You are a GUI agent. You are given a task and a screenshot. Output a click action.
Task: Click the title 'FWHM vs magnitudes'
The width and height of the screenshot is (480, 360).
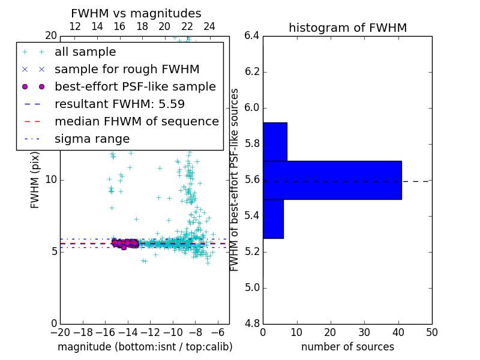click(136, 14)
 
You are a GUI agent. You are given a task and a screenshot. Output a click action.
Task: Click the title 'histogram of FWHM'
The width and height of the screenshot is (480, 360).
click(347, 28)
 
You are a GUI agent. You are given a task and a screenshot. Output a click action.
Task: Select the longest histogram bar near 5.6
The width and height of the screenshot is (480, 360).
click(332, 180)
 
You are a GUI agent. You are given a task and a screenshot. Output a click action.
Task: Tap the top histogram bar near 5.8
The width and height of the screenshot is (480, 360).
click(275, 142)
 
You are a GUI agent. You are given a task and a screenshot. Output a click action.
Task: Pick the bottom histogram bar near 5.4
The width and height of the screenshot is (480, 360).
click(273, 219)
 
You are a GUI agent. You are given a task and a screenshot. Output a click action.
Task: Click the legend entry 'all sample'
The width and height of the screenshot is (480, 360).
click(85, 52)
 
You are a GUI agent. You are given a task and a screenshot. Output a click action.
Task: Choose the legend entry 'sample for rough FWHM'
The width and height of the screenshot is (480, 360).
click(127, 70)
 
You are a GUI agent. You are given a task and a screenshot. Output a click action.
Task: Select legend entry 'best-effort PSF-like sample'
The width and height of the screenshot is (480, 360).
click(135, 87)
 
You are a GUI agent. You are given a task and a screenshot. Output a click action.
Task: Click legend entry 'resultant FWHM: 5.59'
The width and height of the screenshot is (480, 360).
click(119, 104)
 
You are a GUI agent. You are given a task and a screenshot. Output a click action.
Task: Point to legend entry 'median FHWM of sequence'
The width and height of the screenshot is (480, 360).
click(136, 122)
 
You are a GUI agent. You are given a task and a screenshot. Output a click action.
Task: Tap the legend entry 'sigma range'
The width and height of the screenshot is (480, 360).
click(92, 139)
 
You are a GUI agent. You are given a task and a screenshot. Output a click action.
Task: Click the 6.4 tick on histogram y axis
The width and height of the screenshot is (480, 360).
click(251, 36)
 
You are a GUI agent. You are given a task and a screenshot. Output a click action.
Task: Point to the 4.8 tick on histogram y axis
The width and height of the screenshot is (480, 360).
click(251, 323)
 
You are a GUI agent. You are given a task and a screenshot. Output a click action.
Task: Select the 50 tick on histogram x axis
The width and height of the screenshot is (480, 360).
click(431, 332)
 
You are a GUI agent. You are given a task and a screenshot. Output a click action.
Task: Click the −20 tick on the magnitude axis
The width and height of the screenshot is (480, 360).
click(60, 332)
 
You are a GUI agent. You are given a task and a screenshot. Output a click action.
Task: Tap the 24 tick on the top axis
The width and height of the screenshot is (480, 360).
click(209, 27)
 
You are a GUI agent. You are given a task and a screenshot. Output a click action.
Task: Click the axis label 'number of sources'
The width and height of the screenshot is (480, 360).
click(347, 347)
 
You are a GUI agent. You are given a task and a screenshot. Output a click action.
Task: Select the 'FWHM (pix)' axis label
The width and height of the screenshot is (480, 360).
click(35, 179)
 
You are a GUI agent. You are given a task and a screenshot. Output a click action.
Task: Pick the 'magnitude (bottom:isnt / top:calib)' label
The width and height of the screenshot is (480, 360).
click(145, 347)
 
